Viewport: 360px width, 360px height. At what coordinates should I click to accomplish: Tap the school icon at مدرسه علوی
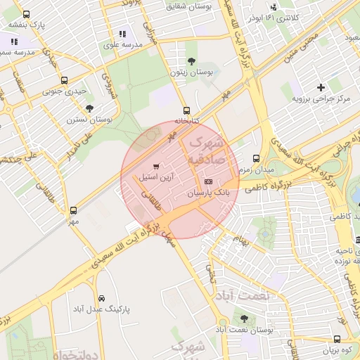click(123, 33)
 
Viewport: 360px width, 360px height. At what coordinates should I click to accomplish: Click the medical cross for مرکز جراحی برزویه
click(321, 87)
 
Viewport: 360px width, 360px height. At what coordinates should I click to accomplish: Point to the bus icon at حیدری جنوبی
click(65, 80)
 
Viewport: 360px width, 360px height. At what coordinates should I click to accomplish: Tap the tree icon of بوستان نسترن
click(89, 108)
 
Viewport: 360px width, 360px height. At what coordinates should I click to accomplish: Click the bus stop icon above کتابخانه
click(186, 110)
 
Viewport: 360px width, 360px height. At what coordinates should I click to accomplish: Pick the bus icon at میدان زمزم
click(256, 159)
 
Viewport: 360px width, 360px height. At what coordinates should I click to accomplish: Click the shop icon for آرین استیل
click(156, 167)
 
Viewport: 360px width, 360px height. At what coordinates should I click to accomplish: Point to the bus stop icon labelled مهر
click(73, 210)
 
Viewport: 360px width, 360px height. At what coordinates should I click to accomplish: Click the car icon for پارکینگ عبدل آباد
click(102, 297)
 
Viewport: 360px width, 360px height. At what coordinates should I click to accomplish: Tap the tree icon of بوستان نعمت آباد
click(244, 319)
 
